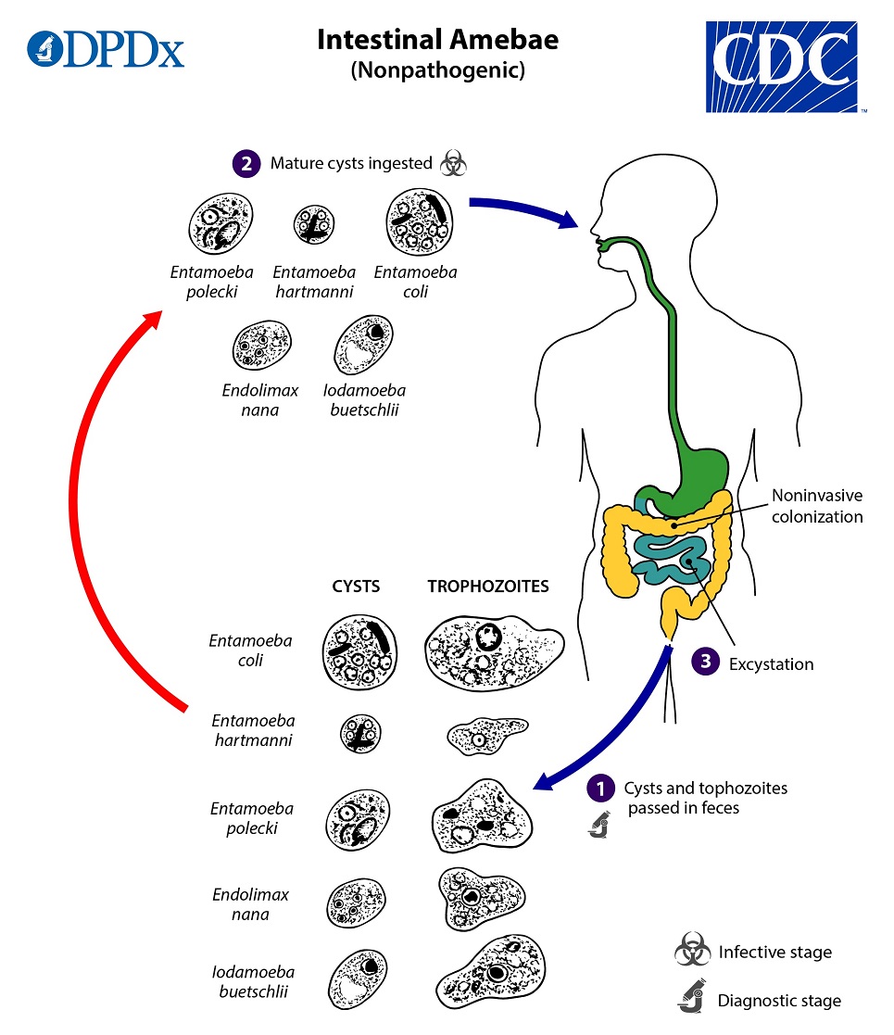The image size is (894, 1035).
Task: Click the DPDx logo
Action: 106,49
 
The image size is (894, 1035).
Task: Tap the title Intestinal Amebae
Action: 437,41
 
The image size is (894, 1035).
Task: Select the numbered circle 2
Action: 244,163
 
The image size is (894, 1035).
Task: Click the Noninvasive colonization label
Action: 816,507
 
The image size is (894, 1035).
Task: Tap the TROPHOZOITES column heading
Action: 487,587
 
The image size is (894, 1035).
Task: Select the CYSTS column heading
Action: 356,587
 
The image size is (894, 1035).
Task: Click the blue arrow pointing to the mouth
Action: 523,211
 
